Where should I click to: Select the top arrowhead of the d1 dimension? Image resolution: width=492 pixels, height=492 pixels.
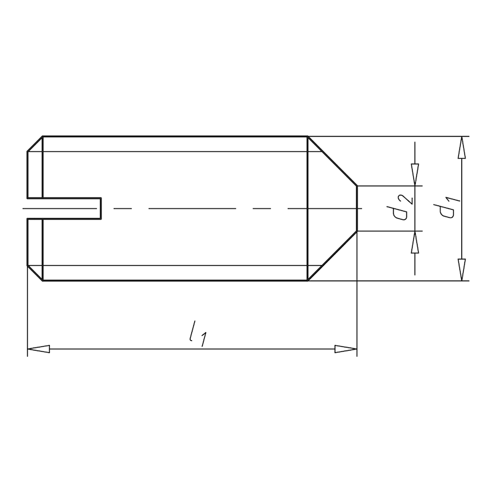click(x=461, y=148)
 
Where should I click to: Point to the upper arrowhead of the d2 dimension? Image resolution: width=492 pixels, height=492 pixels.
click(x=416, y=175)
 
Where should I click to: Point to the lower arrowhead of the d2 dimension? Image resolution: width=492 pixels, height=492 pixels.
click(x=416, y=241)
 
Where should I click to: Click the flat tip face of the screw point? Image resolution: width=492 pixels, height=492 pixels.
click(x=357, y=208)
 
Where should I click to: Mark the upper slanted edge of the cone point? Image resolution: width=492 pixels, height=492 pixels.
click(x=332, y=161)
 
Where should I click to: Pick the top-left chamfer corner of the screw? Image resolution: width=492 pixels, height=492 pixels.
click(x=35, y=143)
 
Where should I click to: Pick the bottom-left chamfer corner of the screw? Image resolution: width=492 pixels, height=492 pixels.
click(x=35, y=274)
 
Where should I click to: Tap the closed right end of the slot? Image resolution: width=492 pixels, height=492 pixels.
click(x=101, y=208)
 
